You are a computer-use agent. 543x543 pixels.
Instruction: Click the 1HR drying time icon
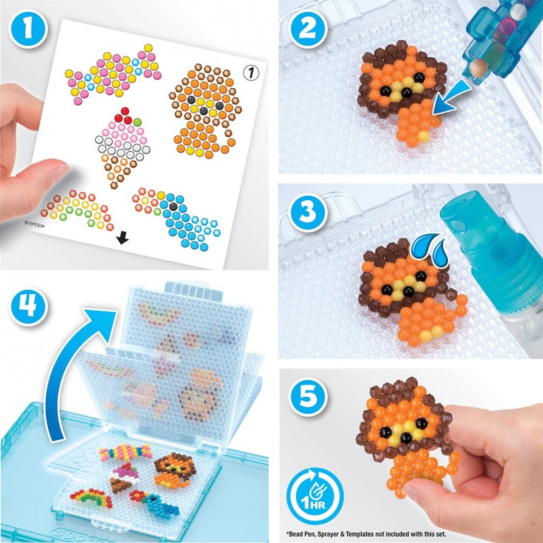[x=316, y=494]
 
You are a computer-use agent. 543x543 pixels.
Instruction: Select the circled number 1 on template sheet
[x=248, y=71]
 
